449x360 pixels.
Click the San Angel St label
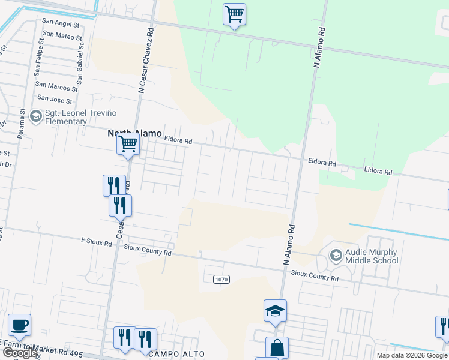tap(60, 23)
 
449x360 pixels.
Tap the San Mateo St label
tap(62, 37)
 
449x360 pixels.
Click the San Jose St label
tap(55, 98)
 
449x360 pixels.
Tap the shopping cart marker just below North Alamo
tap(128, 145)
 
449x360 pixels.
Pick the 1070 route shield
tap(221, 279)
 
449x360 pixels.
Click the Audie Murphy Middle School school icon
tap(336, 256)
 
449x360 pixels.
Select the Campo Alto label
tap(177, 354)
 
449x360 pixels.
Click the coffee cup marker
tap(19, 325)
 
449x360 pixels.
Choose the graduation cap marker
tap(275, 311)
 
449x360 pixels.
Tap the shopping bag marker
tap(277, 347)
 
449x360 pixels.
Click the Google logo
tap(20, 353)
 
